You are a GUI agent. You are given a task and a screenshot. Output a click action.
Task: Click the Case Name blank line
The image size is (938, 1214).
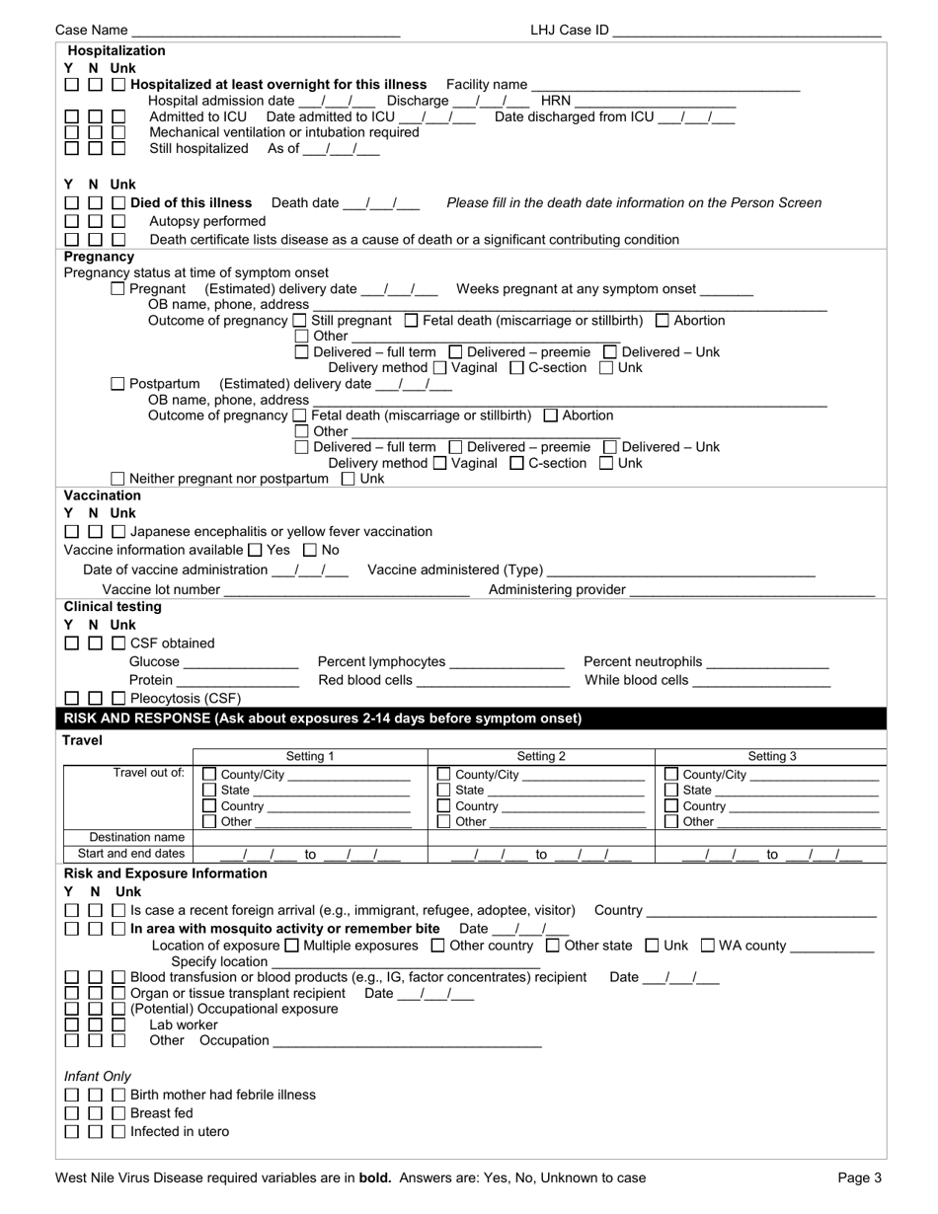(266, 31)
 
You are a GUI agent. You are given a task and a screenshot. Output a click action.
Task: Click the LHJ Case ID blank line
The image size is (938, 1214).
(746, 31)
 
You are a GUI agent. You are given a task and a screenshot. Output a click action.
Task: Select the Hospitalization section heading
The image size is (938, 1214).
(116, 50)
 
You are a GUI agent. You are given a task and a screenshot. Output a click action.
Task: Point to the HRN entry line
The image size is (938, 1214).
(655, 101)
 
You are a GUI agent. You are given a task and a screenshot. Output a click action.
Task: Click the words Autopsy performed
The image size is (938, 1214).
(207, 221)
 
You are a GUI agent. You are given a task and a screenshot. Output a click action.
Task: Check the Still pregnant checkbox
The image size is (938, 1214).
(300, 321)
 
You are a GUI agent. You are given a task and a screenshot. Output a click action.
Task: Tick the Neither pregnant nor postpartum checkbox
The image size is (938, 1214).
(118, 479)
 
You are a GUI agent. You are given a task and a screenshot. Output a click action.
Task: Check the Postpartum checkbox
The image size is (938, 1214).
(118, 384)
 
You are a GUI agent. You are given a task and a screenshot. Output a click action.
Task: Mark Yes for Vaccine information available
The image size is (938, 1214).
(255, 550)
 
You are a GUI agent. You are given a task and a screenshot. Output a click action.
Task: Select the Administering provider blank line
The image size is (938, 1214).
(751, 590)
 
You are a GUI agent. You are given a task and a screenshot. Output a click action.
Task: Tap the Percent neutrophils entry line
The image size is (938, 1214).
(768, 662)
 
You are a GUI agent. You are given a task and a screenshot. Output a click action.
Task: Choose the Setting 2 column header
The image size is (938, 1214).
(541, 757)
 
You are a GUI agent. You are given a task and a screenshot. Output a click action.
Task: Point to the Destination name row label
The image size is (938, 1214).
(137, 837)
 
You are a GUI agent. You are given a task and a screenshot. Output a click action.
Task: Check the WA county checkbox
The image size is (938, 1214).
(708, 946)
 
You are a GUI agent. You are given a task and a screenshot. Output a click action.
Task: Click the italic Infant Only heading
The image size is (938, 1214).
(98, 1076)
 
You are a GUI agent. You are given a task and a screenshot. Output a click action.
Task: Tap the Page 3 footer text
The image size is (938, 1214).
(859, 1177)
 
